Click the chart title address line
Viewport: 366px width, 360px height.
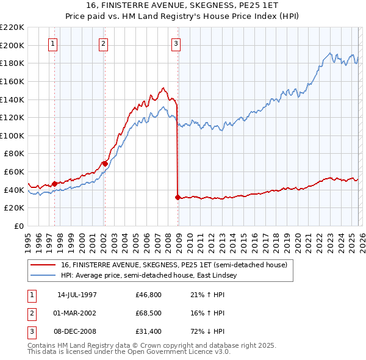183,5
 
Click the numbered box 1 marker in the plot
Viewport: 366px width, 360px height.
54,43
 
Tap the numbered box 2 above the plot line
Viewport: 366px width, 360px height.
104,43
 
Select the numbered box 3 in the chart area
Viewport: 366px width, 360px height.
176,43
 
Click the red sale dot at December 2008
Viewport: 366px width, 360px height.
178,197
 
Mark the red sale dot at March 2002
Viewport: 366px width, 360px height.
105,164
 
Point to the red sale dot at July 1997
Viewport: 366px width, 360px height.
55,183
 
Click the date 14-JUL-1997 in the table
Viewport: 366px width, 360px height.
77,294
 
